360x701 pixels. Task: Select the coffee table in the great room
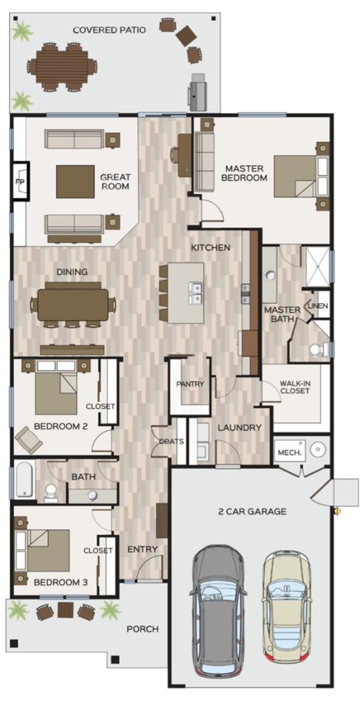click(x=75, y=181)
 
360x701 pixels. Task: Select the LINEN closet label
click(x=317, y=306)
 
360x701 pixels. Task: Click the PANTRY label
click(x=189, y=384)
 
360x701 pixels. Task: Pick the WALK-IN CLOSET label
click(x=295, y=386)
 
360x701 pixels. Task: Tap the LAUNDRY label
click(x=234, y=428)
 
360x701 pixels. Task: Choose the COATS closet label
click(x=171, y=441)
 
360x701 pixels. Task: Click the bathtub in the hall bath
click(x=23, y=480)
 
